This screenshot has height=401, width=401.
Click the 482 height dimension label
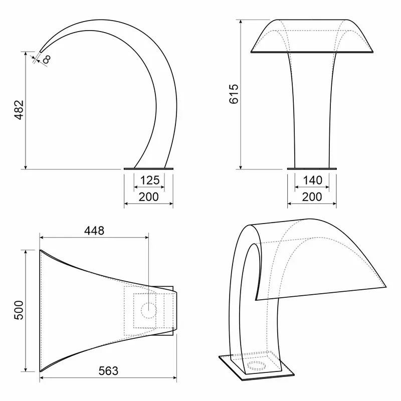pos(19,110)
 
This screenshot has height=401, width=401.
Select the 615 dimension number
pos(234,94)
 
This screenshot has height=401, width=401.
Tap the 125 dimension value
pos(150,180)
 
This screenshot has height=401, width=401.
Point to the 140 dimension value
pos(312,180)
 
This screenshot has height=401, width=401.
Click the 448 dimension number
pos(94,231)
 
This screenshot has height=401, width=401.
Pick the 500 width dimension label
pos(19,310)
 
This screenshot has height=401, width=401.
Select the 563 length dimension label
pos(108,371)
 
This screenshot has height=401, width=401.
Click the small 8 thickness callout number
pos(47,59)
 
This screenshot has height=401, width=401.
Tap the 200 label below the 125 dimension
pos(148,197)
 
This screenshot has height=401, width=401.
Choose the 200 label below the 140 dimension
pos(312,197)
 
